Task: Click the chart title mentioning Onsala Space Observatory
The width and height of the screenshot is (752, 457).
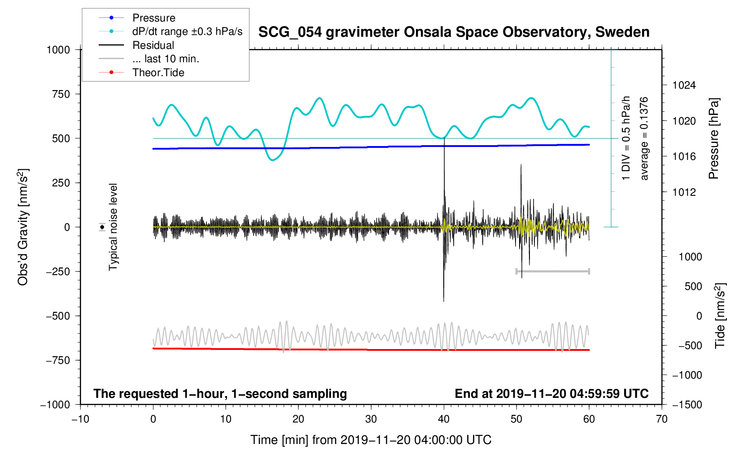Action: point(454,32)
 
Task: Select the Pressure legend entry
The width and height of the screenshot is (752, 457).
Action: point(153,18)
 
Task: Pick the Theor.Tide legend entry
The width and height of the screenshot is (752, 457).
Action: point(158,73)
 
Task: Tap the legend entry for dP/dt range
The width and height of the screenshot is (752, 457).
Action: point(187,31)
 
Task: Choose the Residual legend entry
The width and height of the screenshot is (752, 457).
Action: point(153,45)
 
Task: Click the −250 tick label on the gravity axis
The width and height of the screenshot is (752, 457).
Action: point(58,272)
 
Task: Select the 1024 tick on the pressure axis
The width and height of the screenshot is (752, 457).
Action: point(684,86)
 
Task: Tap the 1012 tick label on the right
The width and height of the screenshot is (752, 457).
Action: point(684,193)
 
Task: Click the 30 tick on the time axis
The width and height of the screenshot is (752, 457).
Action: point(371,419)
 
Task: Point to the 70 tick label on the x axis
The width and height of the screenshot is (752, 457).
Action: point(661,419)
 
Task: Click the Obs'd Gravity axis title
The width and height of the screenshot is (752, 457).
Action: point(23,227)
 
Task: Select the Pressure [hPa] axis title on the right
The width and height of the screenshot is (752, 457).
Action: point(713,138)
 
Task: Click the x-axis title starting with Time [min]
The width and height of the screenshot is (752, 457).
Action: point(371,440)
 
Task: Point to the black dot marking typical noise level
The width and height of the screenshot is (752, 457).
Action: point(102,227)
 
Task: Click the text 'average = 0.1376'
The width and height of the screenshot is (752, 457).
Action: point(644,138)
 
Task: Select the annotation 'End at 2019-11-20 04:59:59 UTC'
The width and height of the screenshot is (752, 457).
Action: point(551,394)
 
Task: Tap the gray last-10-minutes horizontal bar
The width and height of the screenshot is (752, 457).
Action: point(552,272)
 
